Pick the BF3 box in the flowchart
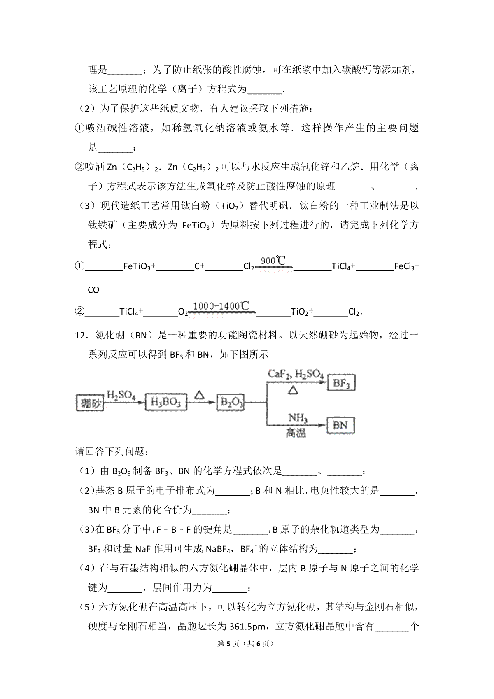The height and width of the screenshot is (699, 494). coord(341,383)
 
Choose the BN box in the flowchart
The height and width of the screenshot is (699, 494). coord(340,425)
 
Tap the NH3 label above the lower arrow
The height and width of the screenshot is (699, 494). coord(298,418)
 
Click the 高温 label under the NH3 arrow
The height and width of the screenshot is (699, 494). coord(296,433)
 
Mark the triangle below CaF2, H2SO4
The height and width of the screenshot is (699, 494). coord(293,389)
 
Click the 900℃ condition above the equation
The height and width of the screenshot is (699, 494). coord(273,260)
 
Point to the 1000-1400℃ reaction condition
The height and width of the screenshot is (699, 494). coord(221,306)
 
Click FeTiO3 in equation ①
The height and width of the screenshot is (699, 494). coord(137,267)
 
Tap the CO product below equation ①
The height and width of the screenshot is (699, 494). coord(93,290)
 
